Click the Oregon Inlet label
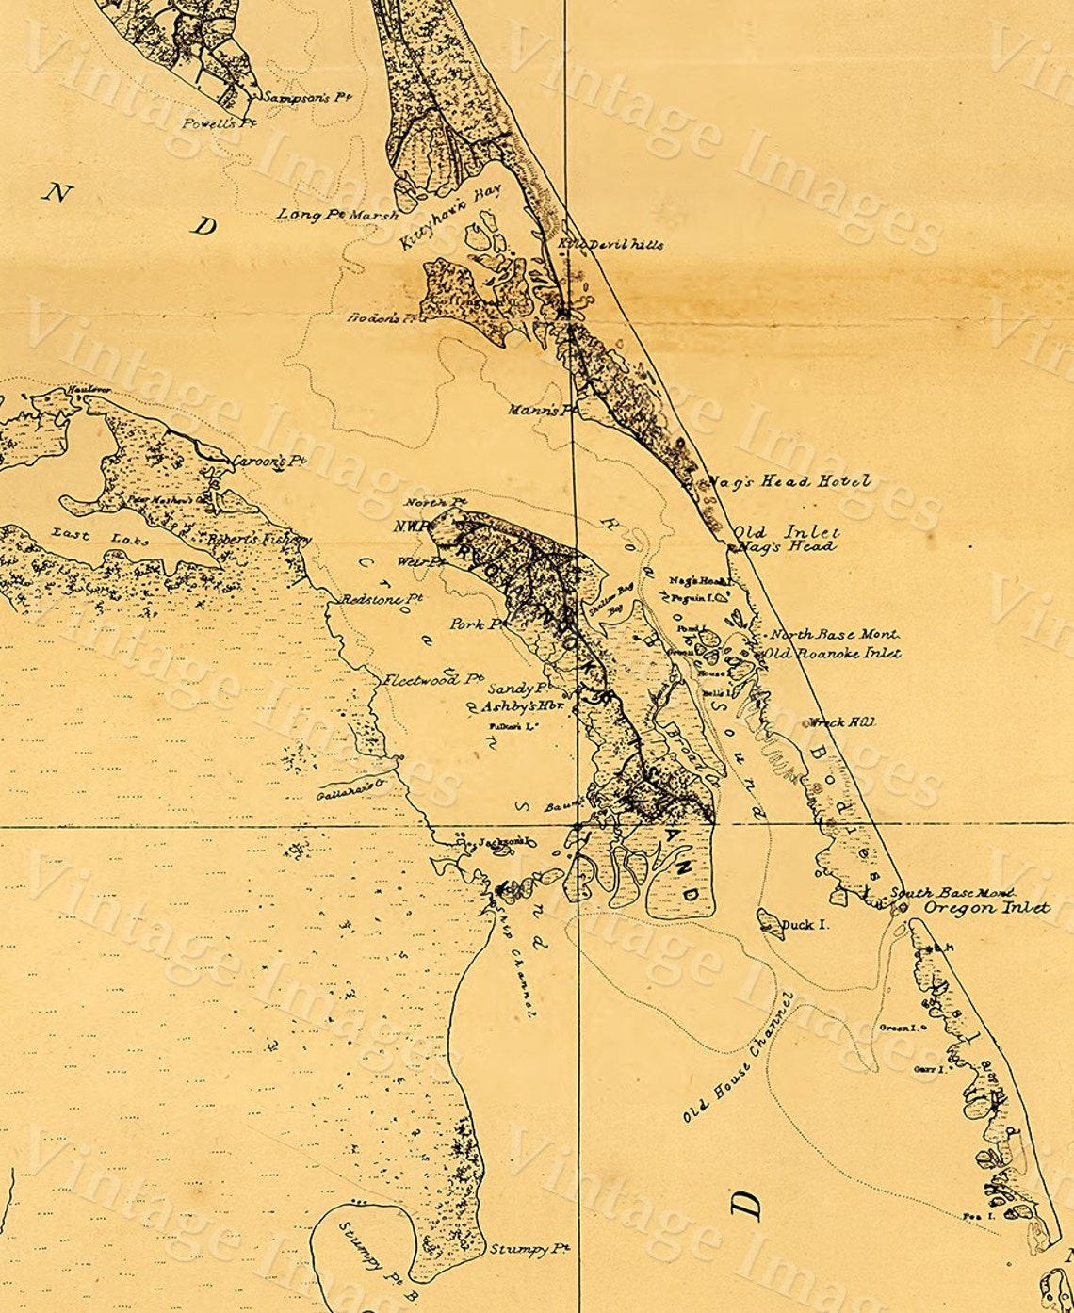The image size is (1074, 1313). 985,908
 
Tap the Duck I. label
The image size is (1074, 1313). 805,925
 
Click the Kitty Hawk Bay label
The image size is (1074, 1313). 449,217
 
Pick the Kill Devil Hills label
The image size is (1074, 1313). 611,244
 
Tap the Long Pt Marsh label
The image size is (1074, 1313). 337,216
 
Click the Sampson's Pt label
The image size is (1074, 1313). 295,97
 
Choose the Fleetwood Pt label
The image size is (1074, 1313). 433,678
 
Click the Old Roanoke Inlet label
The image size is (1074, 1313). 833,653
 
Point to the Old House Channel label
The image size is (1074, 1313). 740,1058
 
